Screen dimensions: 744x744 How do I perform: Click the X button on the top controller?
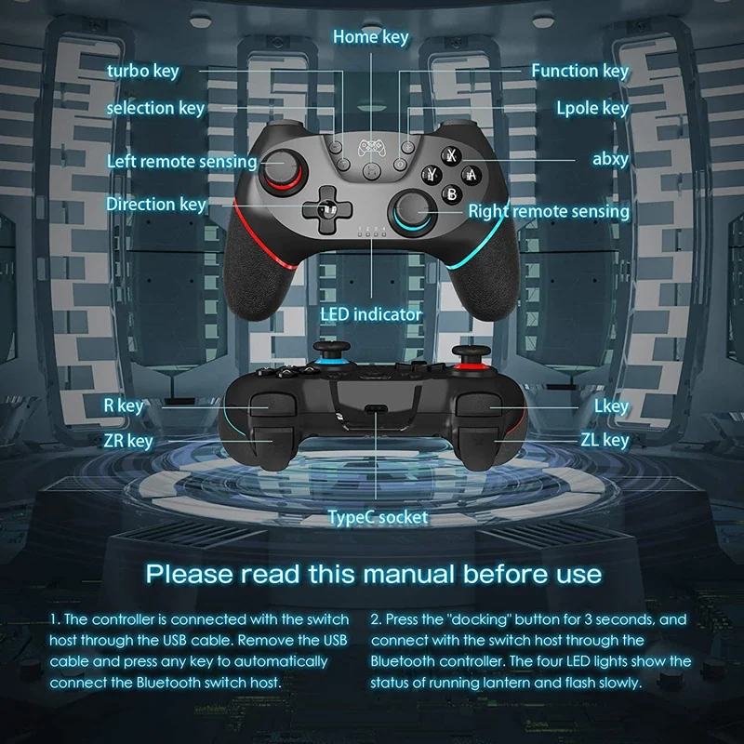[451, 155]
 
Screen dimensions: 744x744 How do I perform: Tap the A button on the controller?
[471, 175]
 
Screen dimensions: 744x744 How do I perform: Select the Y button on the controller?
[432, 175]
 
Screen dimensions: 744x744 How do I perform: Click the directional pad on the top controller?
[327, 209]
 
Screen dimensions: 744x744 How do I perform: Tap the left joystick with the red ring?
[282, 171]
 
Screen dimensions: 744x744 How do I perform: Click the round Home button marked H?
[371, 170]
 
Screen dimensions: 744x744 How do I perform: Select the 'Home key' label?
[370, 37]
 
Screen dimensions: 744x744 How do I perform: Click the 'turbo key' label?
[143, 72]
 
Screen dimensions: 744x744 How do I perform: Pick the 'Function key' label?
[579, 72]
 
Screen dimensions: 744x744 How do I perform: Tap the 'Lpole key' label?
[592, 108]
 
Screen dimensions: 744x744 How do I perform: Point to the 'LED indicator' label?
[370, 314]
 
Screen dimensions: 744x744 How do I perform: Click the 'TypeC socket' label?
[378, 517]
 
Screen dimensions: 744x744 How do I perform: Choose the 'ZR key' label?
[128, 441]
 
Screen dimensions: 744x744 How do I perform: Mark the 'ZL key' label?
[605, 440]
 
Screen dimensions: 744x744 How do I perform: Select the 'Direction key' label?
[156, 205]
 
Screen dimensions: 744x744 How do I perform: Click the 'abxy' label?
[611, 159]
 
